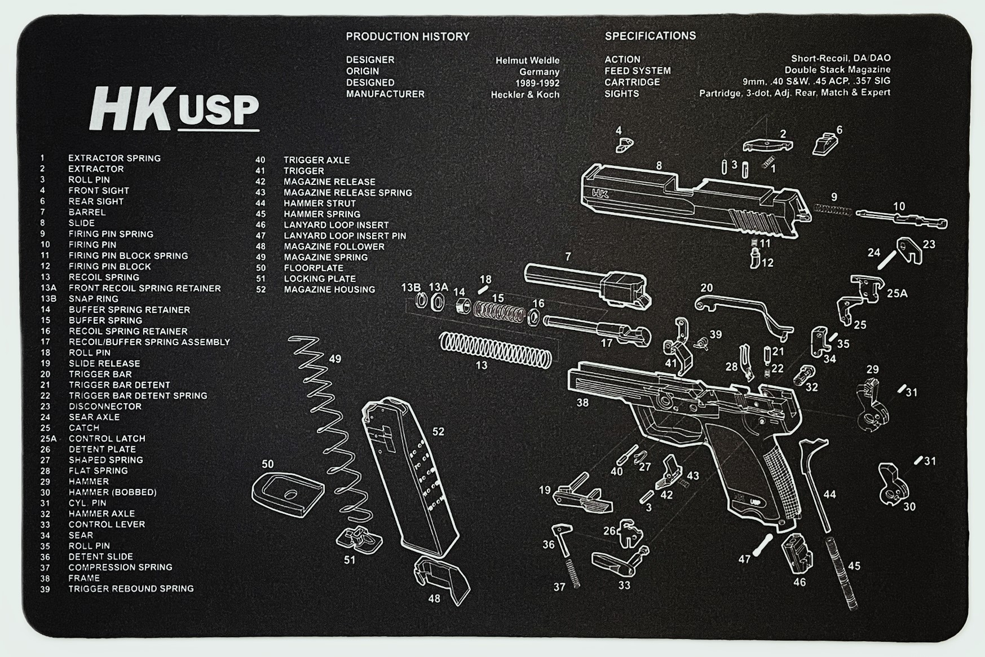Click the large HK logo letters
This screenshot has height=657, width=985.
coord(131,108)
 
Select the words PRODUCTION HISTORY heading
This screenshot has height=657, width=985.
coord(407,37)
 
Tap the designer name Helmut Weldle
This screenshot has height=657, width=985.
coord(527,60)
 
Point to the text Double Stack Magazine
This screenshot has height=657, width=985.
coord(837,70)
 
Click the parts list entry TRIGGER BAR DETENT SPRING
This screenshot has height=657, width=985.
coord(138,396)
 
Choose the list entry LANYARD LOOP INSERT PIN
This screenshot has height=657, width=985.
coord(344,236)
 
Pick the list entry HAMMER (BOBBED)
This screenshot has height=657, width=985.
coord(112,492)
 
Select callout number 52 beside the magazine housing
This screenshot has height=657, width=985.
coord(438,432)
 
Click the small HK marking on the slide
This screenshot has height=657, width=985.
coord(600,194)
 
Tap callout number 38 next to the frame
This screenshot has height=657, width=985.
coord(582,403)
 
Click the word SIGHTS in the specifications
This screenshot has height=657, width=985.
coord(621,94)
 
